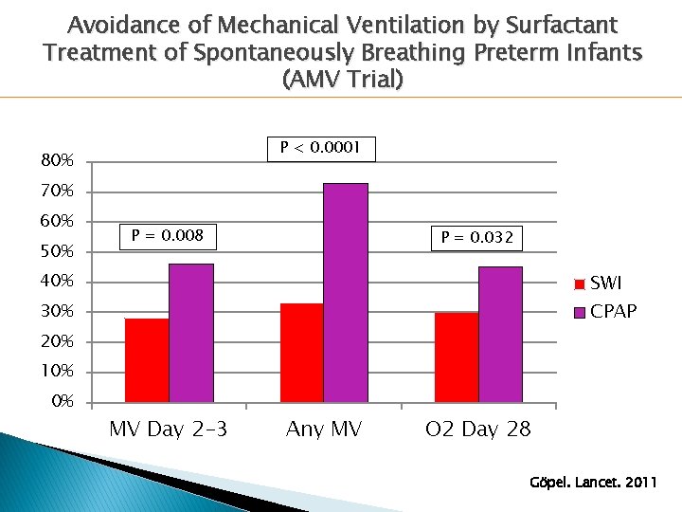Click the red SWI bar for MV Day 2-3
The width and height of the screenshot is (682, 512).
tap(147, 360)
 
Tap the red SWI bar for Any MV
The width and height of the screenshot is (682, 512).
tap(301, 353)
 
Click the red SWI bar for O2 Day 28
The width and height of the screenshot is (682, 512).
tap(457, 357)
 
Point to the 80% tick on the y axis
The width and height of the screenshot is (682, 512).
tap(57, 161)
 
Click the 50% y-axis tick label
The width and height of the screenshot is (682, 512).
tap(57, 251)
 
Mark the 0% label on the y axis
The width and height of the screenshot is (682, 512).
tap(62, 401)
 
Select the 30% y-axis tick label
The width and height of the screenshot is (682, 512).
tap(57, 311)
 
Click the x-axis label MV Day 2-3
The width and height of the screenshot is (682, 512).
tap(168, 430)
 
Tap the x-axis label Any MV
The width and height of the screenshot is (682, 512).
tap(323, 430)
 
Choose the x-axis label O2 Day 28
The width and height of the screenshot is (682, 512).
tap(477, 430)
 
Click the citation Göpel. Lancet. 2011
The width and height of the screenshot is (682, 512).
tap(593, 483)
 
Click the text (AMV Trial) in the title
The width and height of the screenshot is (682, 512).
tap(342, 80)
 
